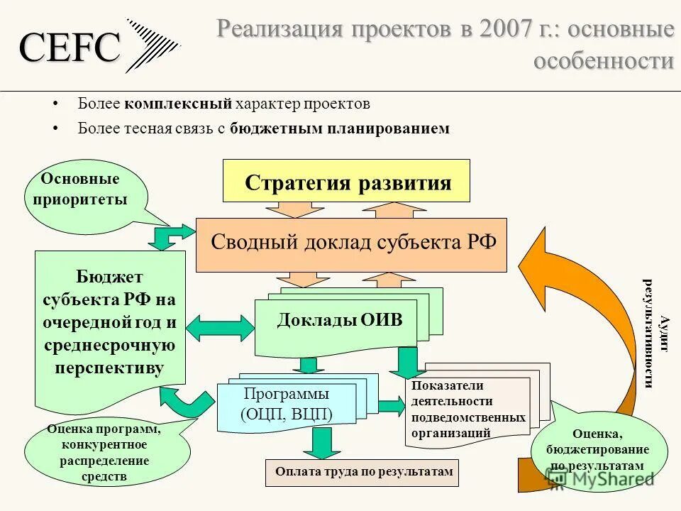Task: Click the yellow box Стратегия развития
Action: tap(347, 182)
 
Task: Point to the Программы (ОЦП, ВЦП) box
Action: tap(287, 405)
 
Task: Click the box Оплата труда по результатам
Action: tap(362, 472)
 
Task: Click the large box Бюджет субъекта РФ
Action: tap(110, 324)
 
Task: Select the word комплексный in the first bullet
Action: tap(178, 104)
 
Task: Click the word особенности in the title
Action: tap(603, 61)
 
